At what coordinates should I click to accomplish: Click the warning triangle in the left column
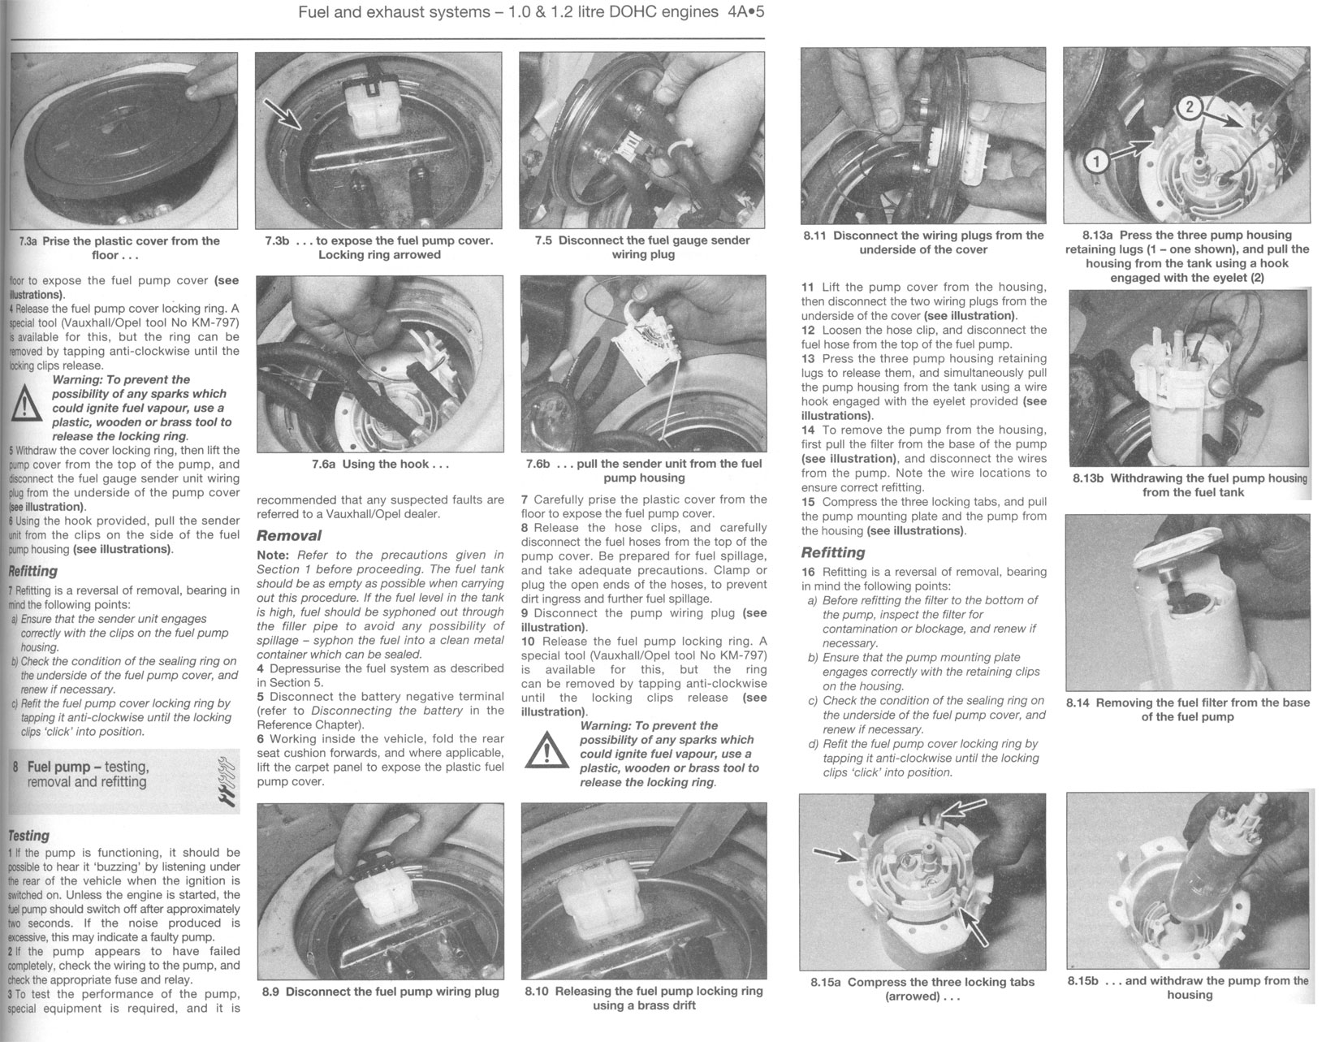[26, 401]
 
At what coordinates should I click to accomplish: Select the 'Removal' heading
[288, 536]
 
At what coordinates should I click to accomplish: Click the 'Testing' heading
[28, 835]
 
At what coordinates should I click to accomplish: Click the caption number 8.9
[272, 992]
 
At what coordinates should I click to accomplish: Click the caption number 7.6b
[537, 464]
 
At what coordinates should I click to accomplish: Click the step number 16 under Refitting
[808, 572]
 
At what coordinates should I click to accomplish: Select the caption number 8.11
[815, 236]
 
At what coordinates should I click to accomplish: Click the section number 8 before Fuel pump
[17, 767]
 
